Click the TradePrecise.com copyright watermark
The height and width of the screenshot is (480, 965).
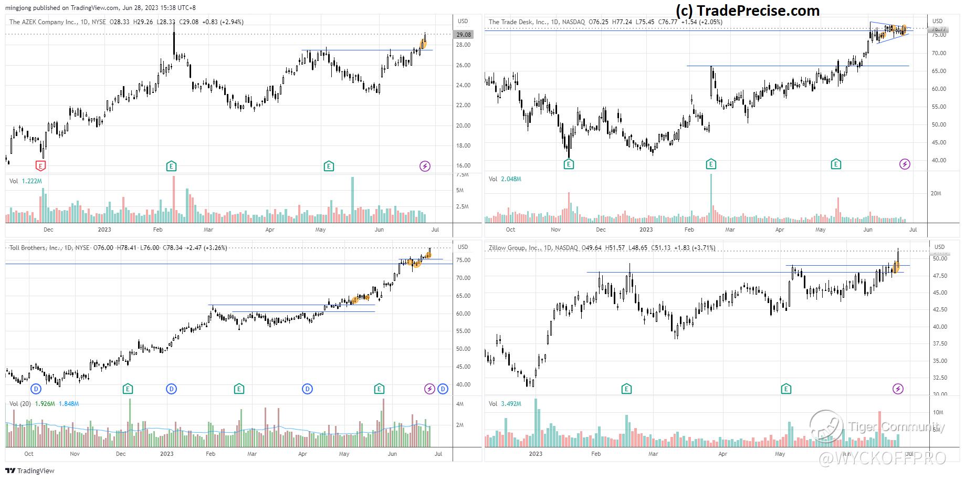[x=747, y=11]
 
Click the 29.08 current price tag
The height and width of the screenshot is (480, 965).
[x=464, y=35]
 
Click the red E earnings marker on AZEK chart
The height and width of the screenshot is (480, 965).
[x=40, y=166]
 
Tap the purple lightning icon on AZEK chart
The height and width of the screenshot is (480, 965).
[x=425, y=166]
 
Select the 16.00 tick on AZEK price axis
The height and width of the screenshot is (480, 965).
[x=463, y=166]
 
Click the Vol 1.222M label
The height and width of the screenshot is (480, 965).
[x=26, y=181]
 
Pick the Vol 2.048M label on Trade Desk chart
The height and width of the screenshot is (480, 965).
[x=505, y=179]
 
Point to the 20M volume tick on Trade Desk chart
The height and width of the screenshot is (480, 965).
[x=936, y=193]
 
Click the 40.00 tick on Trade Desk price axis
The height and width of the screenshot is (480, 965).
[x=939, y=161]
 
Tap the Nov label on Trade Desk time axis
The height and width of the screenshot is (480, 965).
[x=555, y=229]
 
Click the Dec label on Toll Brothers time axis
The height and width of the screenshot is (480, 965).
[x=120, y=454]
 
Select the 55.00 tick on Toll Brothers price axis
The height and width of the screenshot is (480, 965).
[x=463, y=331]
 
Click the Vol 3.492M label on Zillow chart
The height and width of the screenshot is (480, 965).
[x=505, y=404]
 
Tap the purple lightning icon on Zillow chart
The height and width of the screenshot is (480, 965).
[x=898, y=389]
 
